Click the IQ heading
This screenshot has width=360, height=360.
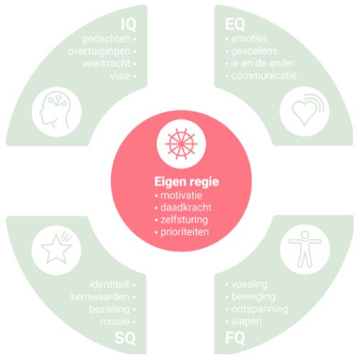point(128,24)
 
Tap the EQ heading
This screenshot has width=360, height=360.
point(235,24)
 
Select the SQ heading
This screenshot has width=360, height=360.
point(125,338)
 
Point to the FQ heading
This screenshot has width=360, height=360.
point(235,338)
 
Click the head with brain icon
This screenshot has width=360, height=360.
point(55,109)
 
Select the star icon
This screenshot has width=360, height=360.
point(56,249)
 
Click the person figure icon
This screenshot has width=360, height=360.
point(305,249)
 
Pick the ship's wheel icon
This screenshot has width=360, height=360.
point(181,144)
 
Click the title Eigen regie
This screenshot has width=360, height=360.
point(186,181)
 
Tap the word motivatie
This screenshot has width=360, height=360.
point(181,196)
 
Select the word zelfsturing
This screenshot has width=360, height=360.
point(184,220)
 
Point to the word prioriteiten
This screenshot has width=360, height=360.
point(184,232)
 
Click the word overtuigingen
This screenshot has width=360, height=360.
point(99,52)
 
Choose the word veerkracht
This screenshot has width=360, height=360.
point(106,63)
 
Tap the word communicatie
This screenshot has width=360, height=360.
point(264,76)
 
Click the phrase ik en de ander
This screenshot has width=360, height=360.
point(263,63)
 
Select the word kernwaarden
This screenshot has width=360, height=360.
point(100,297)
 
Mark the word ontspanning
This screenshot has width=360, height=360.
point(260,310)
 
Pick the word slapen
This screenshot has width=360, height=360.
point(246,322)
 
